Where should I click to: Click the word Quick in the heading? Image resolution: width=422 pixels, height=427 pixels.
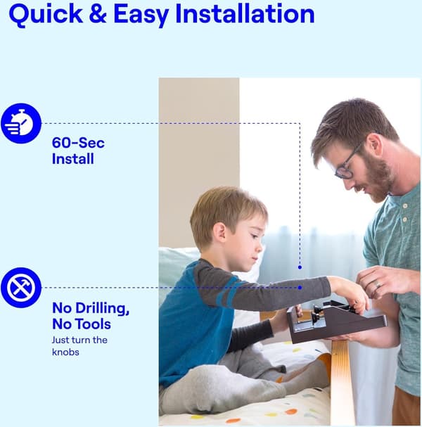point(46,14)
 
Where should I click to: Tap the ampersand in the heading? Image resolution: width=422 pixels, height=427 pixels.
point(98,13)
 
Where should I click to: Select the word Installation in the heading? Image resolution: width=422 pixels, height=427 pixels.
point(245,13)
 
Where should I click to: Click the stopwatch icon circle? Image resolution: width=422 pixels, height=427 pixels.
point(21,123)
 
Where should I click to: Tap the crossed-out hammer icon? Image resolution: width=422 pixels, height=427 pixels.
point(21,288)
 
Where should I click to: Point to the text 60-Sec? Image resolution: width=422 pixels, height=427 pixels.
point(78,143)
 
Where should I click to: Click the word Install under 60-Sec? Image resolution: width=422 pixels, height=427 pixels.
point(72,159)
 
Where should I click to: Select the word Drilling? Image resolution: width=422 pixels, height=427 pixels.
point(102,309)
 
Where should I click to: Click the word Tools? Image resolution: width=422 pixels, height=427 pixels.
point(93,324)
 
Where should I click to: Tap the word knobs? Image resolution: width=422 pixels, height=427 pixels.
point(65,352)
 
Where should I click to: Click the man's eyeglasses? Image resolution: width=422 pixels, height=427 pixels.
point(347,162)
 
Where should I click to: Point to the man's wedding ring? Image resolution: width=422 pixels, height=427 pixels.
point(378,284)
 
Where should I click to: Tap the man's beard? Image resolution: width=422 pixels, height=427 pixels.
point(378,179)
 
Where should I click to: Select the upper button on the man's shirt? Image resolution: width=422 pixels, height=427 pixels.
point(405,206)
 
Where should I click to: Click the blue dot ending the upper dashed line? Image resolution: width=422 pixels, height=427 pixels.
point(300,267)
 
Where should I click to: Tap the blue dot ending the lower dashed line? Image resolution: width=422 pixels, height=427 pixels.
point(300,288)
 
